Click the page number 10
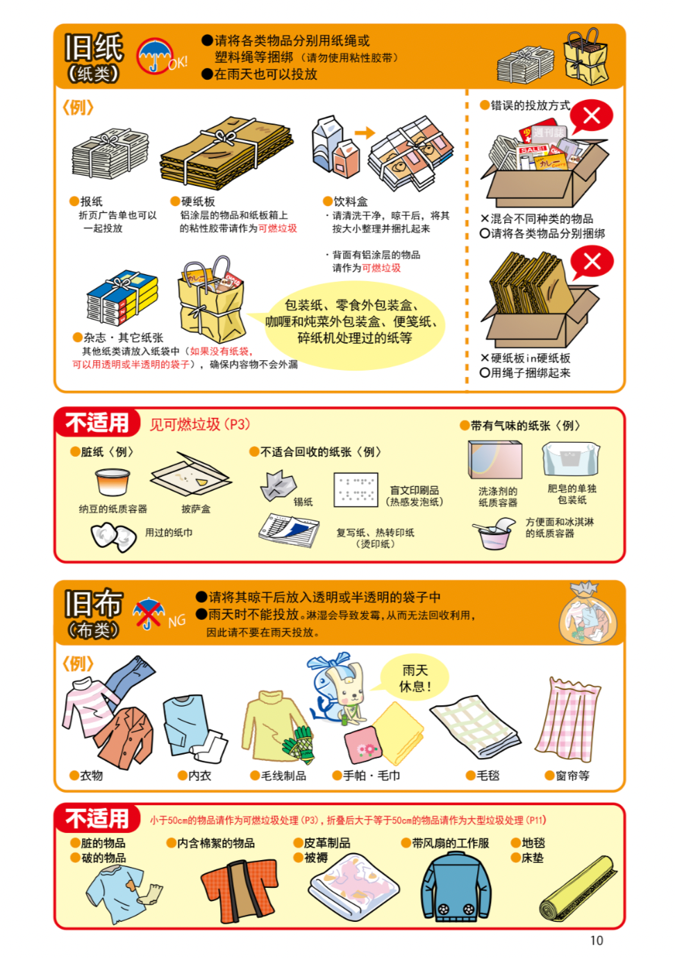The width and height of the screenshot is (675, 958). pyautogui.click(x=597, y=941)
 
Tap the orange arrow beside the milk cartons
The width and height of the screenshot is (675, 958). pyautogui.click(x=365, y=133)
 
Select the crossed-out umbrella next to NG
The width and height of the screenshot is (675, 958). pyautogui.click(x=148, y=613)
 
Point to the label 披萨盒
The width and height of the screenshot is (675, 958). pyautogui.click(x=196, y=509)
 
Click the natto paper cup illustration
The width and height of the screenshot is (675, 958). pyautogui.click(x=112, y=482)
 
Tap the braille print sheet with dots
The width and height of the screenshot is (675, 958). pyautogui.click(x=356, y=489)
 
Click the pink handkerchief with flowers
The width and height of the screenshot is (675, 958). pyautogui.click(x=362, y=746)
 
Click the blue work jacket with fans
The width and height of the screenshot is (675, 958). pyautogui.click(x=456, y=886)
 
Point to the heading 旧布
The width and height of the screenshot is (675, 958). pyautogui.click(x=94, y=603)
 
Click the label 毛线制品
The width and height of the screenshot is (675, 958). pyautogui.click(x=283, y=776)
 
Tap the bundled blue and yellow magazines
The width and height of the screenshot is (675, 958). pyautogui.click(x=122, y=297)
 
